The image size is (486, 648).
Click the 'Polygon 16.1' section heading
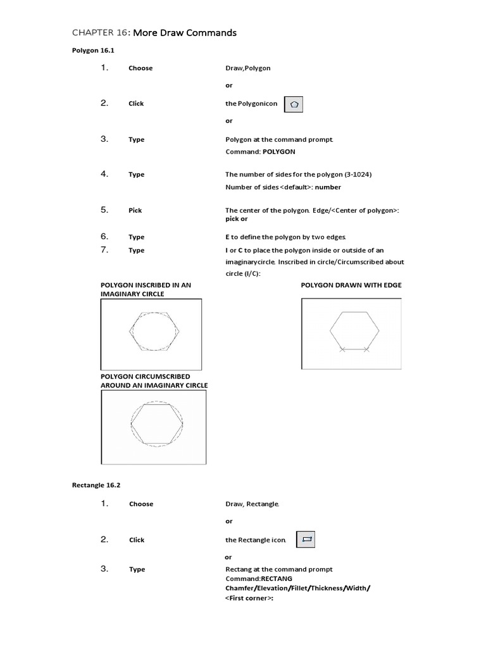[92, 51]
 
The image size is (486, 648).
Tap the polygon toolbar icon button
[294, 104]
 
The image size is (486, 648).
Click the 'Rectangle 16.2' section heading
[96, 485]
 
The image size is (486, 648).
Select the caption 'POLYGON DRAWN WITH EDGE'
[351, 285]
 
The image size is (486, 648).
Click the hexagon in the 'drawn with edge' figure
[354, 330]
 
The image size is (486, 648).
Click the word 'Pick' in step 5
[135, 210]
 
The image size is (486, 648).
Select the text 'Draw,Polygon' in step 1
[248, 68]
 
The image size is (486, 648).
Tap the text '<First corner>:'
[249, 597]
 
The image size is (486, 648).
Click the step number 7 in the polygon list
[105, 250]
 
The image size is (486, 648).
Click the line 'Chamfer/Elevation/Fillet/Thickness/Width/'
[298, 588]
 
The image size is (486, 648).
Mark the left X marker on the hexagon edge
[342, 349]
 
